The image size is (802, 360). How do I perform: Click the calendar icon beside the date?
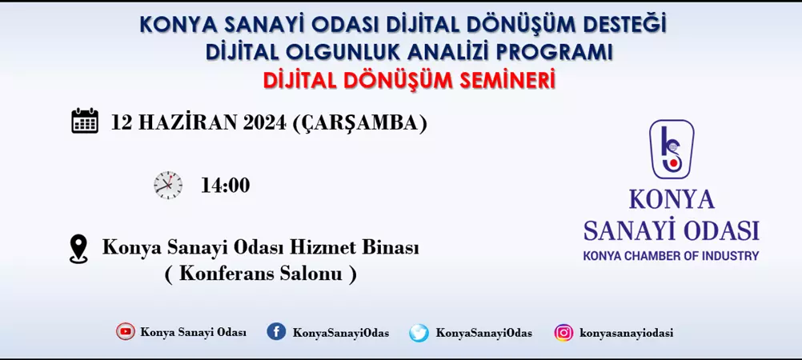click(x=85, y=121)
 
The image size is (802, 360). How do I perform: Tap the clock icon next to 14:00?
click(x=168, y=185)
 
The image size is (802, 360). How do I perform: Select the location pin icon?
click(x=78, y=249)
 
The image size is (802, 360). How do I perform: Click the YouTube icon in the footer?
click(x=126, y=332)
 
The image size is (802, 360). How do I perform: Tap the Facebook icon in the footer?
click(x=276, y=332)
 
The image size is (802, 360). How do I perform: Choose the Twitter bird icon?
click(x=419, y=333)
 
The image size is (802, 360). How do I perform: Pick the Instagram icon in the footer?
click(x=563, y=333)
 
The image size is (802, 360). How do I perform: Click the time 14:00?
click(x=225, y=186)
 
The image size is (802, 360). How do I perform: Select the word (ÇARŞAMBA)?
click(x=359, y=123)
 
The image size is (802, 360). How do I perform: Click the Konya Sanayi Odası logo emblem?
click(x=672, y=149)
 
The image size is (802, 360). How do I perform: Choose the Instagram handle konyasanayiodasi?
click(x=627, y=333)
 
